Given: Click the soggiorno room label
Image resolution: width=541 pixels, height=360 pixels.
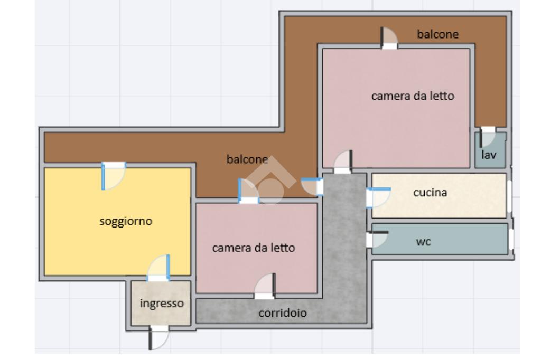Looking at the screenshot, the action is point(126,221).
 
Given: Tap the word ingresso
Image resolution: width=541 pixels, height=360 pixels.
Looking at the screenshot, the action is point(162,304).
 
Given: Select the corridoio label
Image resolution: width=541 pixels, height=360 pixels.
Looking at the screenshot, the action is point(283,313).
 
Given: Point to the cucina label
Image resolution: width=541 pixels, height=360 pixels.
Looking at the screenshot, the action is point(430,193).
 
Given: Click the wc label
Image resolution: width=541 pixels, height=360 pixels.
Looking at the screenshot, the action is point(423,242).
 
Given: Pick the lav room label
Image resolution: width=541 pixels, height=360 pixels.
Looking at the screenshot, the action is point(489,155).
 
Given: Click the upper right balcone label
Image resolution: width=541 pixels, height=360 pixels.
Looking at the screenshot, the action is point(437,34).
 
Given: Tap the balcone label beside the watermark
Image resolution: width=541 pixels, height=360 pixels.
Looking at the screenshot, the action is point(247,159).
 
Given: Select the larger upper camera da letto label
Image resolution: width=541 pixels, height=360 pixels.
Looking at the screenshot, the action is point(412,96).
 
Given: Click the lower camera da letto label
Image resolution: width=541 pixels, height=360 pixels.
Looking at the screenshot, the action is point(253,248).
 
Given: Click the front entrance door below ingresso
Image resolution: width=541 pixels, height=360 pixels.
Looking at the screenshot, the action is point(158,337).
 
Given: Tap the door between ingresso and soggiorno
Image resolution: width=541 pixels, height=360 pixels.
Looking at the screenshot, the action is point(158,268).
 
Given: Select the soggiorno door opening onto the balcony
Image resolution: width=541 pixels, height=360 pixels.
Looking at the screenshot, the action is point(114,176).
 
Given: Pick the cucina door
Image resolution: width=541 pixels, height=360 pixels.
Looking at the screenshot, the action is point(378,197).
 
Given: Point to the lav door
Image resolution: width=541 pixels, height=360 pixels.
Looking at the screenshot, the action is point(487,137).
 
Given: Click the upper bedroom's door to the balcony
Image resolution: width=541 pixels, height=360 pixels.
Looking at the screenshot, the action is point(389,39).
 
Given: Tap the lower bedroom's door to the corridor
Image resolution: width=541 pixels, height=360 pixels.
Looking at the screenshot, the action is point(265,286).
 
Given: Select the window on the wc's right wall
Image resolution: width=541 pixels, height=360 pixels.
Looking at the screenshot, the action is point(511,239).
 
